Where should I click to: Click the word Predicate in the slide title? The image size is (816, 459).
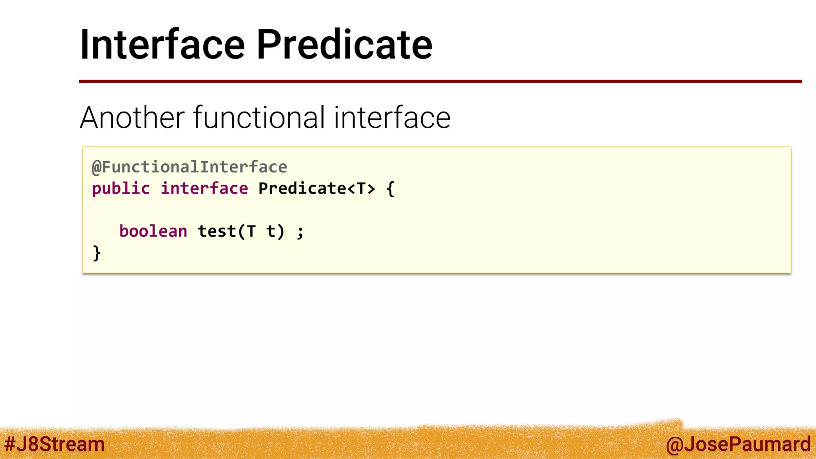tap(344, 45)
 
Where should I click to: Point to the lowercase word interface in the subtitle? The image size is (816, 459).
tap(392, 118)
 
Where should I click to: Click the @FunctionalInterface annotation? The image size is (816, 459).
tap(190, 167)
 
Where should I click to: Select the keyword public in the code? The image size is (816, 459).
tap(121, 188)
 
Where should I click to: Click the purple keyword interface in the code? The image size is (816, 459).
tap(204, 188)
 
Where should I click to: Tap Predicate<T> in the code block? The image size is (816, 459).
tap(317, 188)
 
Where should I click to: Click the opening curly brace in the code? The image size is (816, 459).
tap(390, 188)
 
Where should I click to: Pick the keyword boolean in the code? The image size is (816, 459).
tap(153, 231)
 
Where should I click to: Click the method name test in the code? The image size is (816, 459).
tap(217, 231)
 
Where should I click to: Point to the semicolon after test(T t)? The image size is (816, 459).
tap(300, 232)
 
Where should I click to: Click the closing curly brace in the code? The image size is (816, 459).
tap(96, 253)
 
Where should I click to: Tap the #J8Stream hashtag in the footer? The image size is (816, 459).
tap(55, 444)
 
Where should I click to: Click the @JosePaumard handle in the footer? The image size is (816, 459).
tap(738, 444)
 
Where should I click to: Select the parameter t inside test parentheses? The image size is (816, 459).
tap(271, 231)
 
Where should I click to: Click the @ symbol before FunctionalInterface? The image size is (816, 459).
tap(96, 167)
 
